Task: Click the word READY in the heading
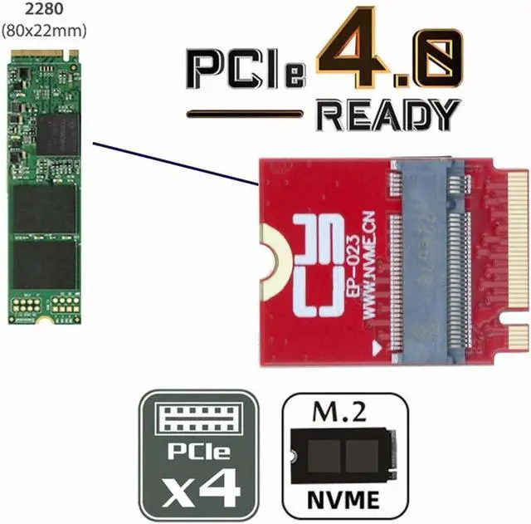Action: [x=388, y=115]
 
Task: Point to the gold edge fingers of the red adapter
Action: [x=497, y=257]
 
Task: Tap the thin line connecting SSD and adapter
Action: [x=174, y=161]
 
